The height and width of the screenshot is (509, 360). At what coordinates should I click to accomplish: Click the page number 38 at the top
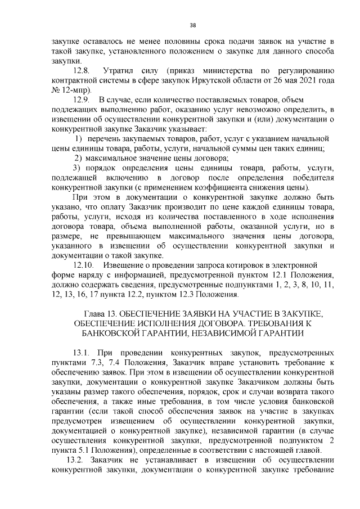pos(193,25)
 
